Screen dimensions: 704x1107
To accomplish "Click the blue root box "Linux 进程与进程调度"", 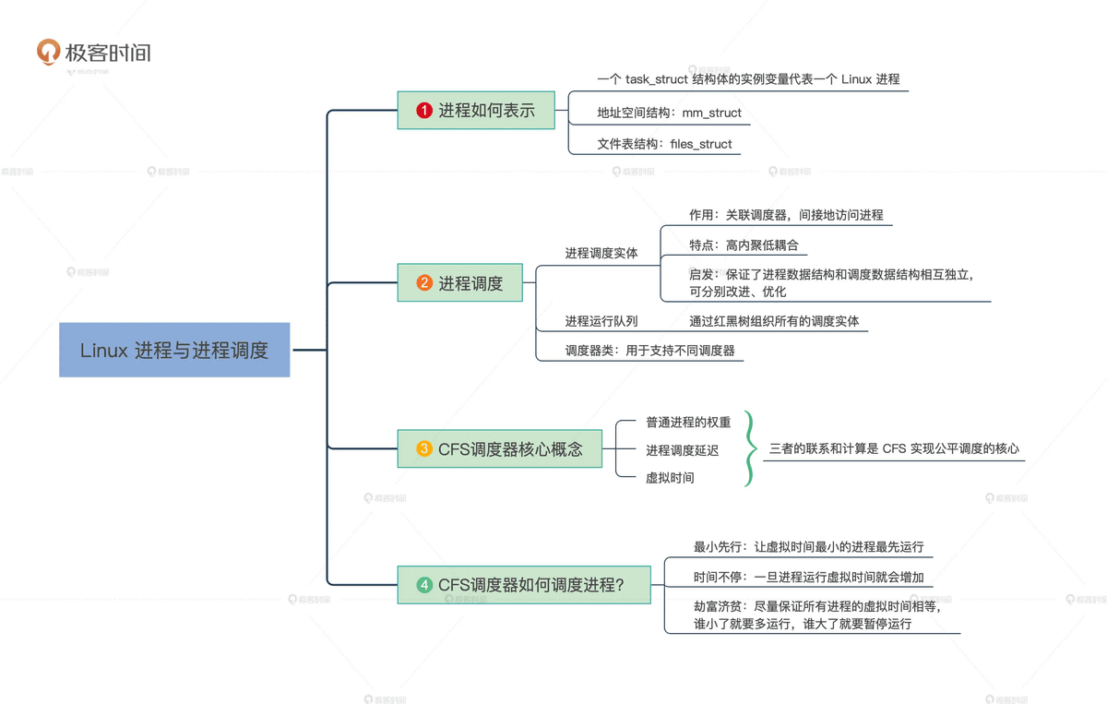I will [x=174, y=350].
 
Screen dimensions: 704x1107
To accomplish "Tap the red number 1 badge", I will [x=424, y=111].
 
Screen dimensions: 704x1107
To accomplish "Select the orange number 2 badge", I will [x=424, y=283].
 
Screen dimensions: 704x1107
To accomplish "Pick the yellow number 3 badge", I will [x=424, y=449].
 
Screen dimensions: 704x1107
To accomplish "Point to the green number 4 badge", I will [x=424, y=585].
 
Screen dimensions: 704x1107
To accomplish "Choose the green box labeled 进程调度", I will [x=459, y=283].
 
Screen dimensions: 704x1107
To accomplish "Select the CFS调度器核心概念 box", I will [x=499, y=449].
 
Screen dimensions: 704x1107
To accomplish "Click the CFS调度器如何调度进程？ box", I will [x=523, y=585].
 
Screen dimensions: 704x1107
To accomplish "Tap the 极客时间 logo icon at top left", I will [x=48, y=52].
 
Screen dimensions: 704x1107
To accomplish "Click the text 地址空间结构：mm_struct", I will [x=656, y=113].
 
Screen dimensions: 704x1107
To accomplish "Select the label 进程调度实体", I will [x=601, y=253].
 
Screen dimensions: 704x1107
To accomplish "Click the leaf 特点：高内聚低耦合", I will [x=744, y=245].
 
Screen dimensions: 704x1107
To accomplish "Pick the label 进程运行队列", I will [x=601, y=321].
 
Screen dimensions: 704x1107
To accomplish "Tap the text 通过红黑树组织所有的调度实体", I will [x=774, y=321].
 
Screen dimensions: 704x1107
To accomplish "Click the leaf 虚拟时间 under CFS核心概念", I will [x=670, y=478].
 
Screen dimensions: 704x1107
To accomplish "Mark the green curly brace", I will [x=750, y=449].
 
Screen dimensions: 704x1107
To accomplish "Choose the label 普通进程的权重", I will [x=688, y=423].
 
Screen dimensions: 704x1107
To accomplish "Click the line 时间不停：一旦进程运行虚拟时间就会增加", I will [x=808, y=578].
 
